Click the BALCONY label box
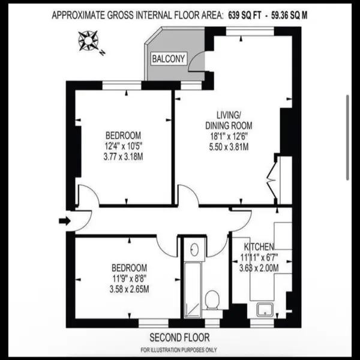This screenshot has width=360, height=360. coord(169,59)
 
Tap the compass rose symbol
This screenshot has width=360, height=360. coord(88,41)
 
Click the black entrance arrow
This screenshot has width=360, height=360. coord(65,221)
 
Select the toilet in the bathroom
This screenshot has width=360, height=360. coord(212,301)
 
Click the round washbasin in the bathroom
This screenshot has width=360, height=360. coord(194,250)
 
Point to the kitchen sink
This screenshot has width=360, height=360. coord(265,310)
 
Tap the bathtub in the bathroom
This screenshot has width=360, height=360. coord(193,290)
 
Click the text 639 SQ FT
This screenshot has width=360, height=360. coord(245,16)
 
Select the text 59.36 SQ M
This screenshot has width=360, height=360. coord(289,16)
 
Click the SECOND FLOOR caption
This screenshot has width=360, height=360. coord(179,337)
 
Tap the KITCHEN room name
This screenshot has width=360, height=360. coord(259,247)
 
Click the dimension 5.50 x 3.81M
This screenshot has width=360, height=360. coord(229,147)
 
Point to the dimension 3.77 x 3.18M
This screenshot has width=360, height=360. coord(123,157)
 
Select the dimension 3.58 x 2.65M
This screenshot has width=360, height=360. coord(129,289)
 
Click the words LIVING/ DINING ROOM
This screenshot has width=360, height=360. coord(229,120)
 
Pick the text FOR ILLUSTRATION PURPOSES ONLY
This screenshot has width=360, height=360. coord(179,350)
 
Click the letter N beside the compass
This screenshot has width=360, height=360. coord(103,53)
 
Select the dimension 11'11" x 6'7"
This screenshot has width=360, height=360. coord(259,257)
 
